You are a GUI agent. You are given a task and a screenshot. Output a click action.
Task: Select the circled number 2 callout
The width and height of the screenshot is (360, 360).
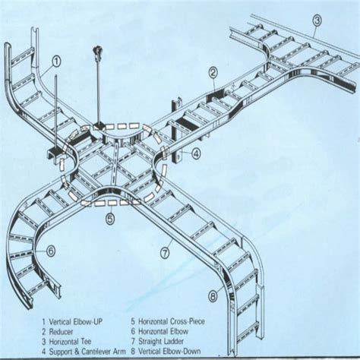click(x=213, y=73)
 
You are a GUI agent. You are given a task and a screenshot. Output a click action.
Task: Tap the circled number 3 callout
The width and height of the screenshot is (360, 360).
click(x=317, y=20)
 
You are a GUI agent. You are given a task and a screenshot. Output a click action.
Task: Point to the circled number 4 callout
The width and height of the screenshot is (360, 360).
click(x=196, y=153)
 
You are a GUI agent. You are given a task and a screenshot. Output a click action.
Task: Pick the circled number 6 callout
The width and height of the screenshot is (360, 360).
click(x=50, y=250)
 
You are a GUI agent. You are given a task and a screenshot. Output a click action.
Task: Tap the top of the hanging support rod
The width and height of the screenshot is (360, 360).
click(x=96, y=51)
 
